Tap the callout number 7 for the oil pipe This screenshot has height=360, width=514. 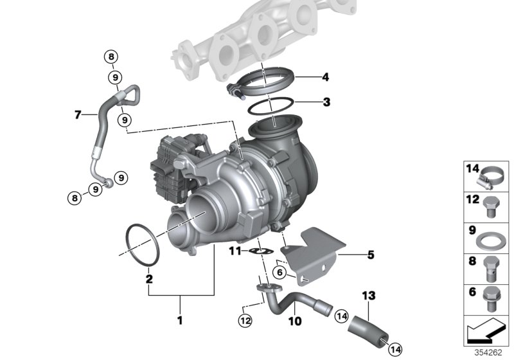(78, 115)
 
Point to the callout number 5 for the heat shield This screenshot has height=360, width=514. (370, 255)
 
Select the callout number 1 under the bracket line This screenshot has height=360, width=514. (181, 319)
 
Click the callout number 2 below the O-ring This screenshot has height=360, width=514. (149, 279)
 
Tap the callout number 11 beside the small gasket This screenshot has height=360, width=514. (235, 250)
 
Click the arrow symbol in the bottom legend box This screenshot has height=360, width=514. (483, 335)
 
